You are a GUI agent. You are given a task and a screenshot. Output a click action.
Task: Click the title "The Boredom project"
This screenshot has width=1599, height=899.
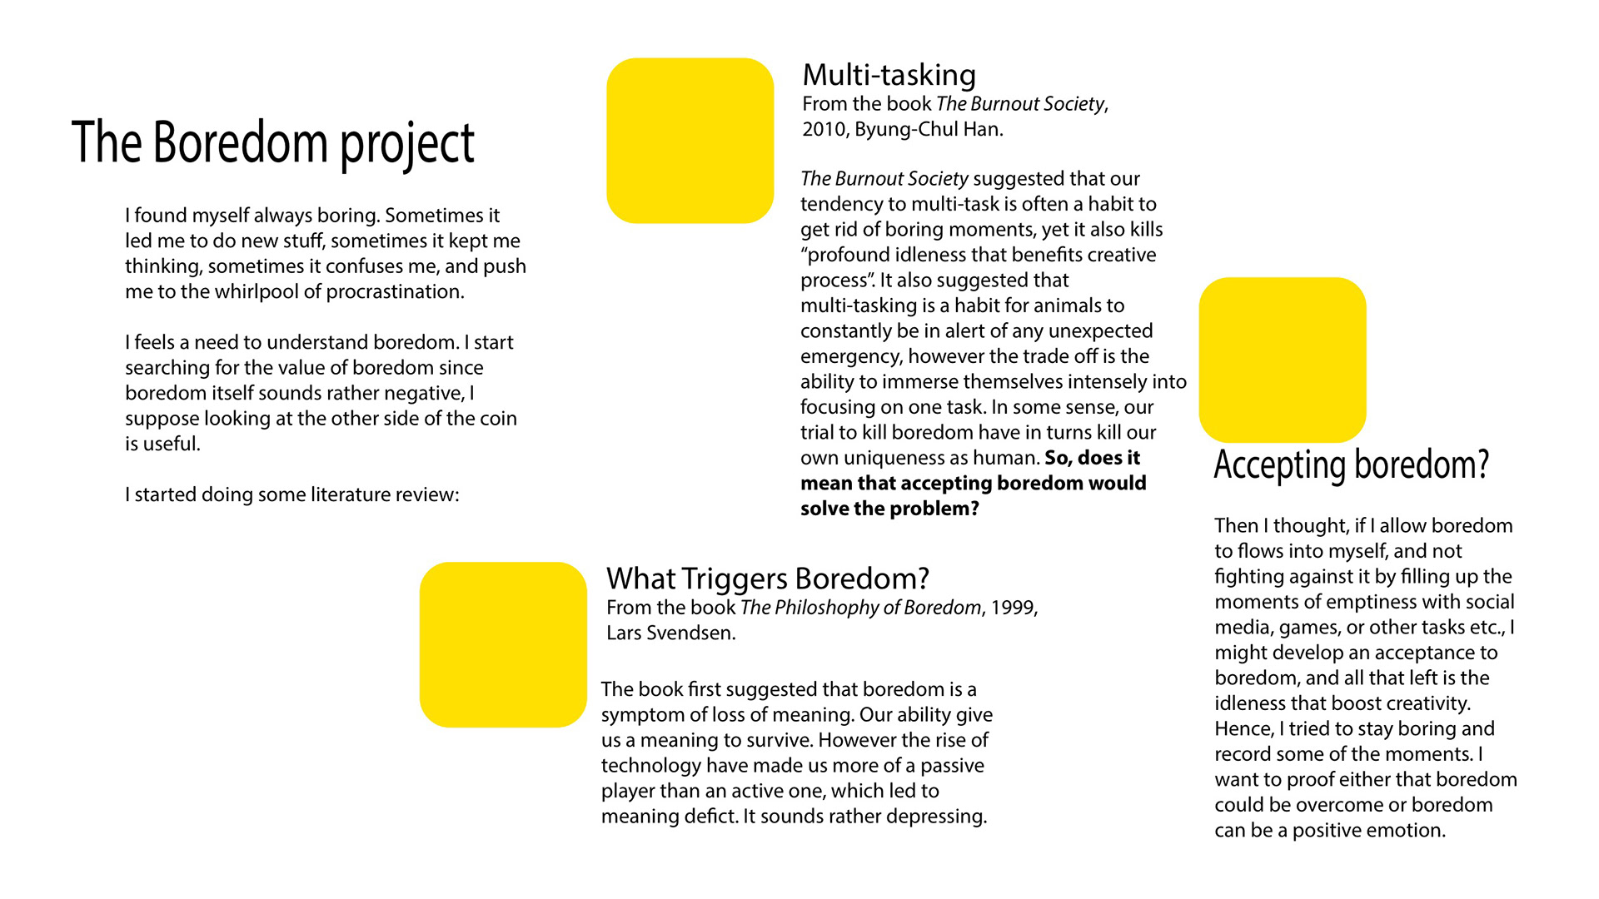click(273, 143)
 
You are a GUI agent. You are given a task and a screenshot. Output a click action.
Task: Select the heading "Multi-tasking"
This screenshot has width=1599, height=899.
click(889, 75)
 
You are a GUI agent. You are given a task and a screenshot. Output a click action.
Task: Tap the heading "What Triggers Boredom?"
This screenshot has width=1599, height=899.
click(767, 579)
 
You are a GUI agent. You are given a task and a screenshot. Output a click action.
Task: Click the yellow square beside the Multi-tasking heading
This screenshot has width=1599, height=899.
click(690, 141)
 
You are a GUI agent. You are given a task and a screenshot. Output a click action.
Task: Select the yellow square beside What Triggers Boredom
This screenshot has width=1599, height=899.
click(503, 644)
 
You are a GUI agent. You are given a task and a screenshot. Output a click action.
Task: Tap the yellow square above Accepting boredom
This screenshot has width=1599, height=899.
click(1283, 360)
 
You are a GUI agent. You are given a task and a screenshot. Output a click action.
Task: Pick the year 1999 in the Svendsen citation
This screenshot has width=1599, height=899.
click(1012, 608)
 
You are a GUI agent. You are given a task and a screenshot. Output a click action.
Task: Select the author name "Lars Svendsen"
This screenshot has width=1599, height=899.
click(670, 633)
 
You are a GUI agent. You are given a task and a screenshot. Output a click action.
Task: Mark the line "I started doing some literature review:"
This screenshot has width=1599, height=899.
click(292, 495)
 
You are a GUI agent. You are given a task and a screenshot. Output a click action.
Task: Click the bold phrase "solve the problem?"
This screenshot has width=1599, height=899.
click(889, 509)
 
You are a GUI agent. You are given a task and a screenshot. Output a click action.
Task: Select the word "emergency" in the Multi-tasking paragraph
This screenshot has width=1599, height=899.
click(850, 357)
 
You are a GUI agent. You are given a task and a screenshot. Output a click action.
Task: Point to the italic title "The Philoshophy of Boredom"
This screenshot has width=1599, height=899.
click(860, 608)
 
